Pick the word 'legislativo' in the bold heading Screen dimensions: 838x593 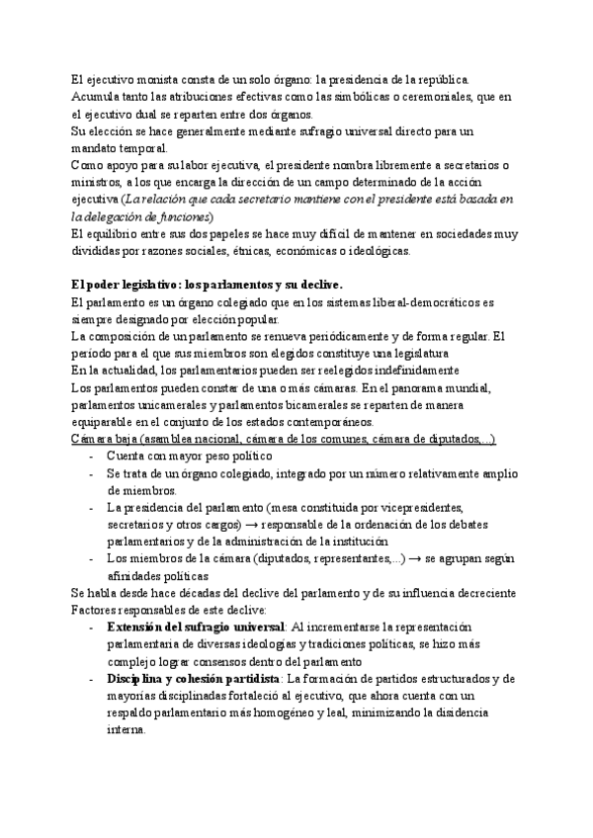pos(146,285)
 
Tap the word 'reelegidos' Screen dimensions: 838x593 pos(335,370)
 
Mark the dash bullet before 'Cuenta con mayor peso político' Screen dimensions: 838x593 pos(92,456)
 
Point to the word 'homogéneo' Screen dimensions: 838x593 pos(329,712)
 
